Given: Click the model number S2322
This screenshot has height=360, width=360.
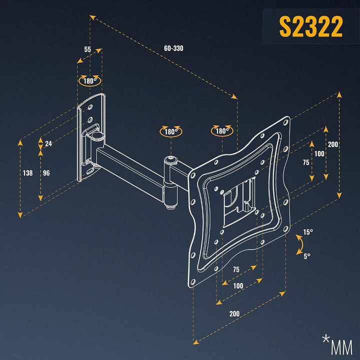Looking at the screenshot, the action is pyautogui.click(x=311, y=27).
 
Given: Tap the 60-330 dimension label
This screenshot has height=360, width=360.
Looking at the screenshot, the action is pyautogui.click(x=173, y=48).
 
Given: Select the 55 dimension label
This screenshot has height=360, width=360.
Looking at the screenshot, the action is pyautogui.click(x=87, y=49).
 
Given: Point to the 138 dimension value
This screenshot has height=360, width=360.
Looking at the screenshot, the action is pyautogui.click(x=28, y=173).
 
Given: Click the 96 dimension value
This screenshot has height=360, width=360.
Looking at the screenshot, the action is pyautogui.click(x=46, y=173).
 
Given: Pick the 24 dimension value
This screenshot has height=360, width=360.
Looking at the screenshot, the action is pyautogui.click(x=48, y=143).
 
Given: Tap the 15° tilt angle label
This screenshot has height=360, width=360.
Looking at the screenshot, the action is pyautogui.click(x=308, y=232).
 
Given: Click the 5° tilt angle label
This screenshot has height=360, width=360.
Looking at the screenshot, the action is pyautogui.click(x=307, y=256).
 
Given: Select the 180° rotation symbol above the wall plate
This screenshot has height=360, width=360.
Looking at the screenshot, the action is pyautogui.click(x=90, y=80).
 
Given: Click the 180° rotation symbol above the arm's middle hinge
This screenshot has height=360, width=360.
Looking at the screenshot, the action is pyautogui.click(x=171, y=131).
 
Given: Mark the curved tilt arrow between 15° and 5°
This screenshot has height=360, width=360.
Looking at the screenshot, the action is pyautogui.click(x=301, y=244).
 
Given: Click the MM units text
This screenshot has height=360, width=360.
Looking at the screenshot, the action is pyautogui.click(x=342, y=347).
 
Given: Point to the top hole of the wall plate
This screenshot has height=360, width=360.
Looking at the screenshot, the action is pyautogui.click(x=90, y=107).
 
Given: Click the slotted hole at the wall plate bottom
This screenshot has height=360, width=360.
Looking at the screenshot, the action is pyautogui.click(x=90, y=171).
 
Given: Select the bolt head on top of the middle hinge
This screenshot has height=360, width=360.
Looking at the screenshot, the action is pyautogui.click(x=170, y=158).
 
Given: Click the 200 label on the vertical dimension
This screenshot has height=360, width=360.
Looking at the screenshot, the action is pyautogui.click(x=332, y=144).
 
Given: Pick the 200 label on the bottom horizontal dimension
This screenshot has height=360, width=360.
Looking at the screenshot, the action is pyautogui.click(x=234, y=313).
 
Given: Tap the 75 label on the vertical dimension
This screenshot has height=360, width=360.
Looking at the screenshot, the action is pyautogui.click(x=306, y=162).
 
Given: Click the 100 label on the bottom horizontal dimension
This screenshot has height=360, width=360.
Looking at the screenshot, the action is pyautogui.click(x=238, y=286).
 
